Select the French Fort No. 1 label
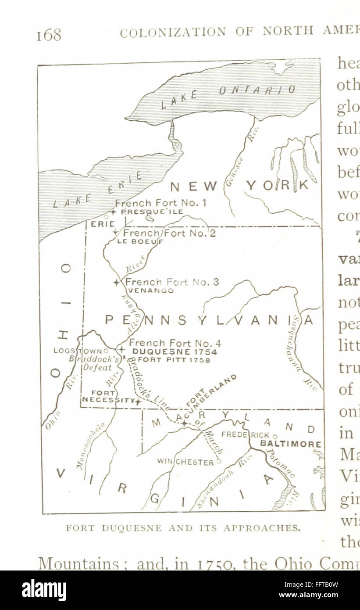[160, 203]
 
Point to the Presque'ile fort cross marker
[113, 212]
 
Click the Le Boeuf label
[140, 241]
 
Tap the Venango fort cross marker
[116, 283]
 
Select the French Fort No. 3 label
[172, 282]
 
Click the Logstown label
[81, 351]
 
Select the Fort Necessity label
[106, 396]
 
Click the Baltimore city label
[291, 444]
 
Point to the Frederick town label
[246, 435]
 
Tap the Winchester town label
[185, 462]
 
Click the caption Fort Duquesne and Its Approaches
[183, 528]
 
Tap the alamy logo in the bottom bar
[44, 590]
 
